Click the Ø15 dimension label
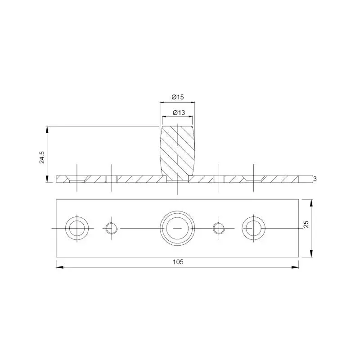[178, 97]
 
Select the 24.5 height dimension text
[42, 157]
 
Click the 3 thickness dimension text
[315, 179]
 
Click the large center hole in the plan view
[178, 228]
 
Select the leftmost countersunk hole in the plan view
[77, 228]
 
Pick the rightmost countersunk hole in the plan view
[253, 228]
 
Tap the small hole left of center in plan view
[111, 228]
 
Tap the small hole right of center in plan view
[219, 228]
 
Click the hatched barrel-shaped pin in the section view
[178, 151]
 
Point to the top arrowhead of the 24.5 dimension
[47, 130]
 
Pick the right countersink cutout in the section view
[253, 179]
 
